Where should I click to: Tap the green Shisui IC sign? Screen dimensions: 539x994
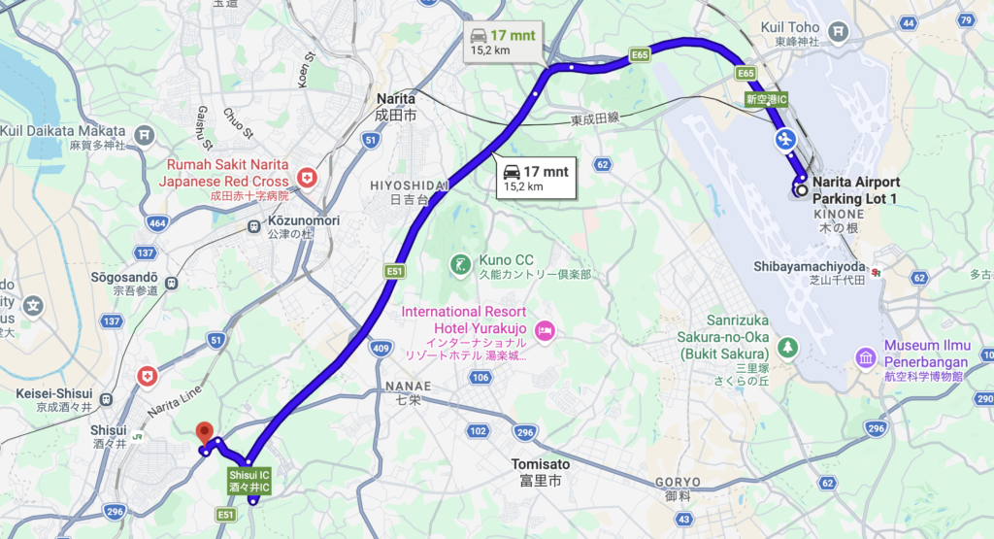[248, 480]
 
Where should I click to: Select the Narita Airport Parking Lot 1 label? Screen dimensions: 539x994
[855, 189]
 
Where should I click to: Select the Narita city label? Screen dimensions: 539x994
[395, 106]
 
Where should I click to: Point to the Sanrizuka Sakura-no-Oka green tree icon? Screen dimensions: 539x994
[787, 345]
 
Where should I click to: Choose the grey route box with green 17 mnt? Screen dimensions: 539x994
[500, 41]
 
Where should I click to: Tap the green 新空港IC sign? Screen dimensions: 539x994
[767, 99]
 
